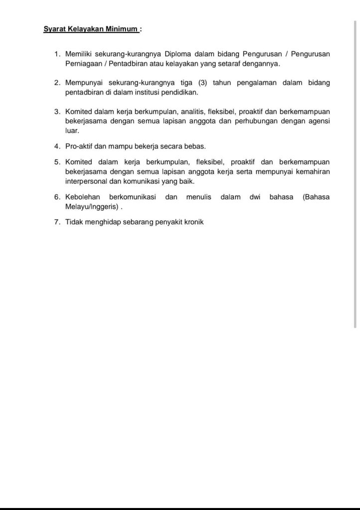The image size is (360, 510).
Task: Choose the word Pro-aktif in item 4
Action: (80, 146)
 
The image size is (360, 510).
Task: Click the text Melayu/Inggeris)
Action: (92, 207)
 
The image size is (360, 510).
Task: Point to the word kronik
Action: (192, 222)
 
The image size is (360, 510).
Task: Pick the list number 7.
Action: (57, 222)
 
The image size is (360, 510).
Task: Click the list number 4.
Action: (57, 146)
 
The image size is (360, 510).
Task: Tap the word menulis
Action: (199, 197)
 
